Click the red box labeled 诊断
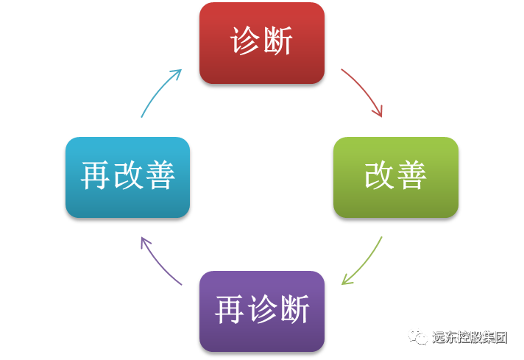(262, 43)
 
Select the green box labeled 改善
(396, 177)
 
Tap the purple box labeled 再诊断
(262, 311)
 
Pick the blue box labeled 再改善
(128, 177)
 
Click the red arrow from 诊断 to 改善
(363, 91)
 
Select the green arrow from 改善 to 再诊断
(363, 262)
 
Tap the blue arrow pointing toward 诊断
(160, 92)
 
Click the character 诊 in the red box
(246, 42)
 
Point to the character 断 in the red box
(278, 42)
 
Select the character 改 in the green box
(380, 177)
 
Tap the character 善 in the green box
(412, 177)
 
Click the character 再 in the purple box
(230, 311)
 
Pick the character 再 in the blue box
(96, 177)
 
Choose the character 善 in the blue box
(160, 177)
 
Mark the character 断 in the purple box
(294, 311)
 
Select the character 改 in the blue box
(128, 177)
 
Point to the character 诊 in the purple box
(262, 311)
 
